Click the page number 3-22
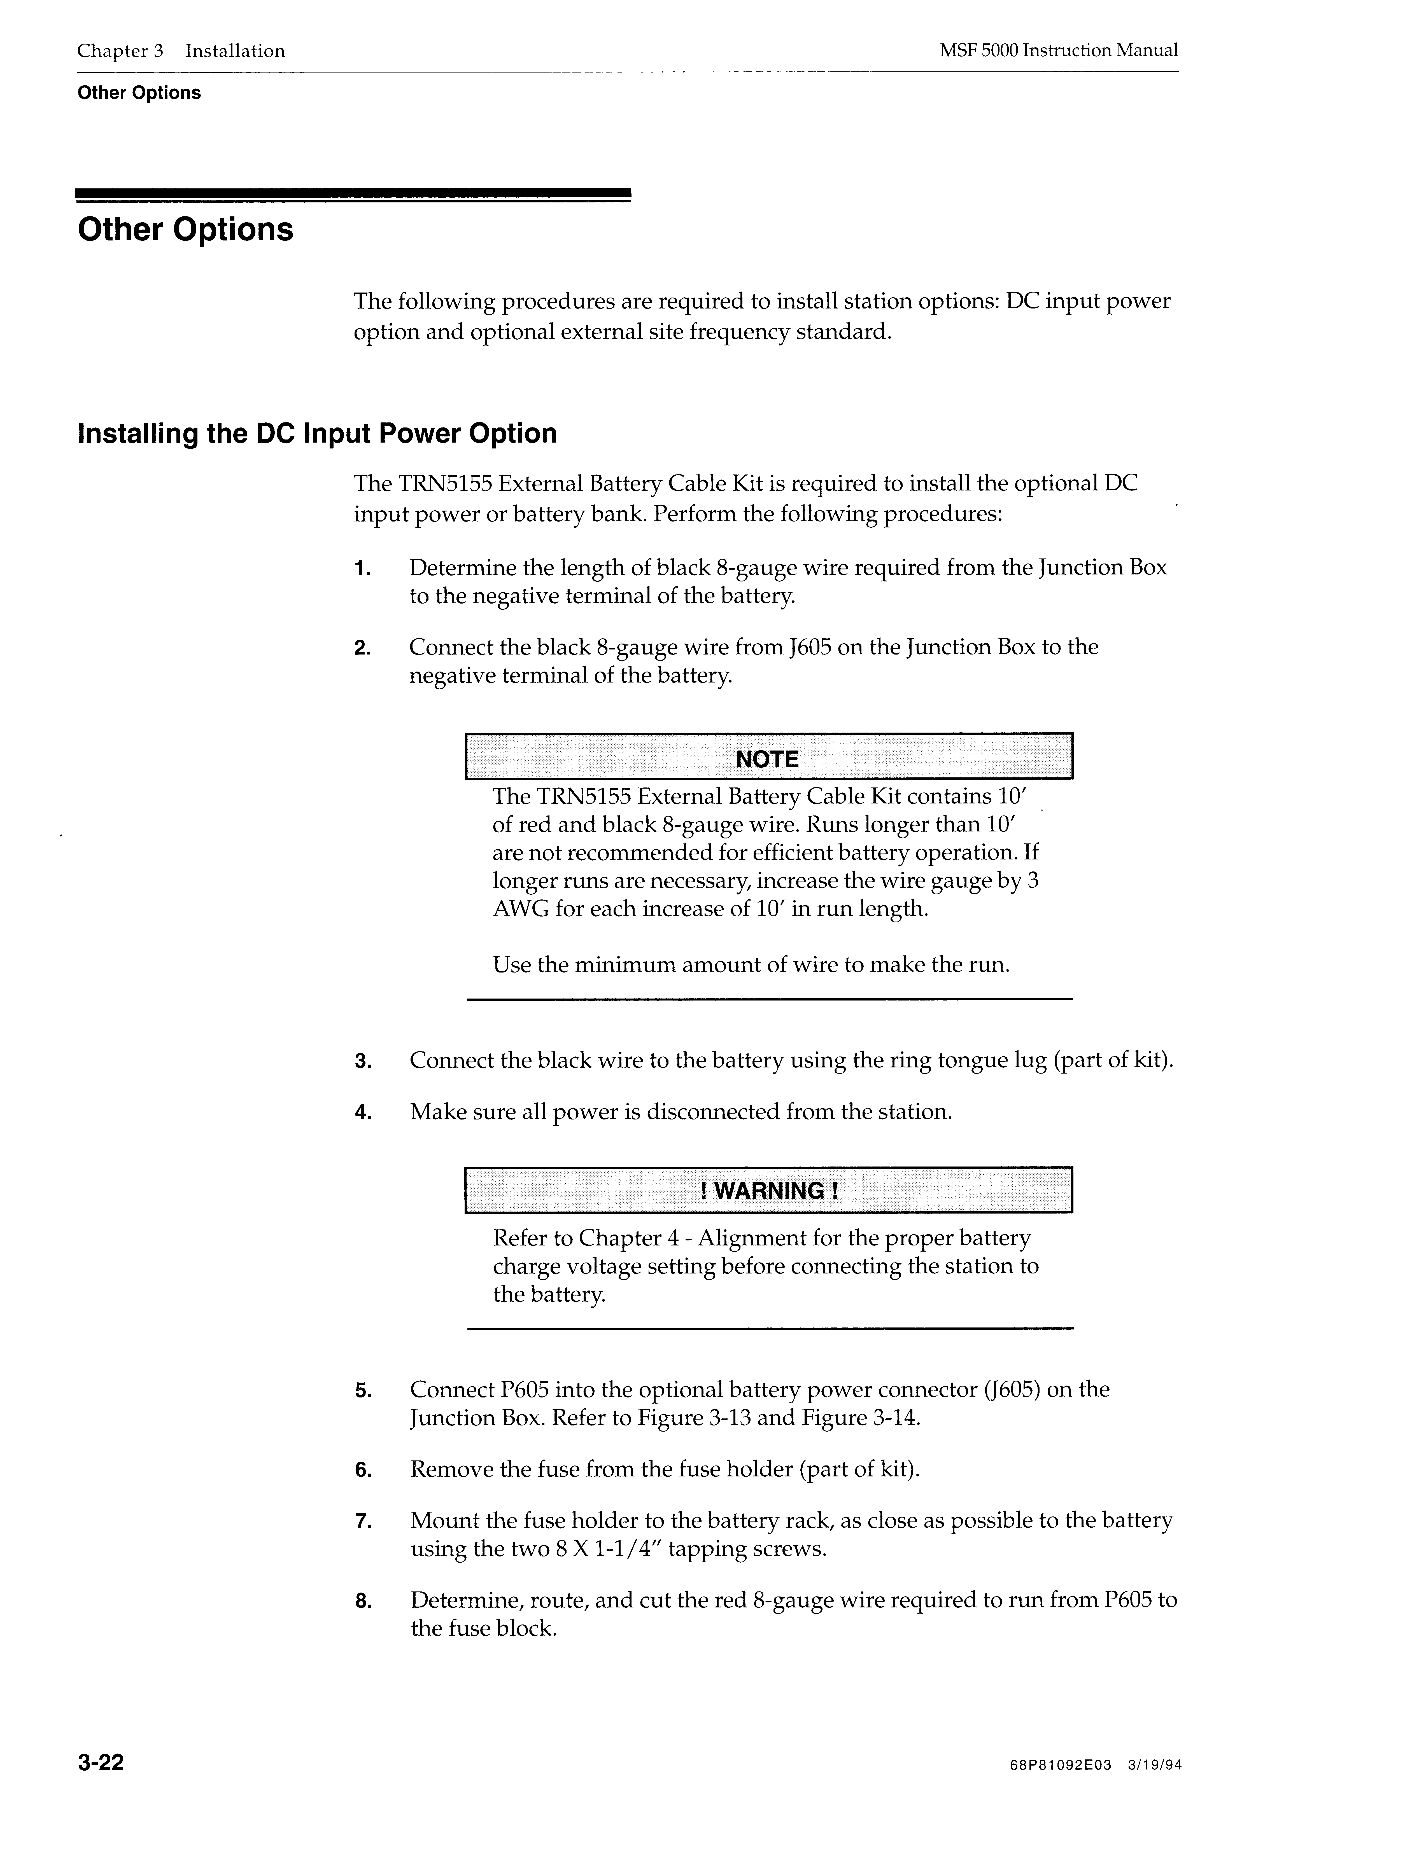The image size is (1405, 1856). [x=101, y=1763]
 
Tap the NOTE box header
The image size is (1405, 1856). [x=768, y=759]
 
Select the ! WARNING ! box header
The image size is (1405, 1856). [x=768, y=1191]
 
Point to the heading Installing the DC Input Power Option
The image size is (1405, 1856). [x=317, y=434]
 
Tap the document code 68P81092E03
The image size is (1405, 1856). [x=1061, y=1765]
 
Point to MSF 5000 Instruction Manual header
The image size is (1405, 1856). [x=1058, y=50]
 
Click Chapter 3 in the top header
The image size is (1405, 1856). [x=120, y=51]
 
